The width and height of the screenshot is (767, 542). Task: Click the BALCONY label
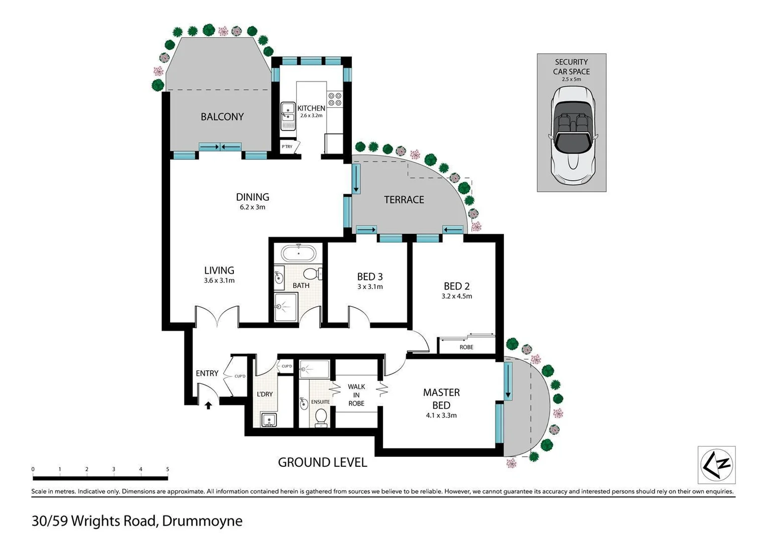click(222, 116)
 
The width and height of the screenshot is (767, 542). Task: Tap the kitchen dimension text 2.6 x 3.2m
click(311, 115)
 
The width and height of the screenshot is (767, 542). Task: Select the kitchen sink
click(288, 116)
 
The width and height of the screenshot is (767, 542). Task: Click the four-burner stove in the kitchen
click(334, 99)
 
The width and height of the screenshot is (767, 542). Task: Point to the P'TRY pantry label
click(287, 147)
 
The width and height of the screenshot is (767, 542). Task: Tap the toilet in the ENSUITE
click(320, 416)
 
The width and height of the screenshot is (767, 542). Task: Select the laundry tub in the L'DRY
click(269, 419)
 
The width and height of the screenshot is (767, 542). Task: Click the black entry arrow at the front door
click(208, 404)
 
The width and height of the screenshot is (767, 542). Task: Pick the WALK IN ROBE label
click(356, 395)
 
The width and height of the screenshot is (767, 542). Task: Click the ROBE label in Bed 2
click(466, 347)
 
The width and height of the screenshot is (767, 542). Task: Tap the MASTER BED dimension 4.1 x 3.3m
click(441, 415)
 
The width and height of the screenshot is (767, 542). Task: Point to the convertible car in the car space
click(572, 135)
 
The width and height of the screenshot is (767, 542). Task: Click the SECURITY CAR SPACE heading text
click(571, 67)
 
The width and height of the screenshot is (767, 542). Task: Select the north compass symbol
click(717, 465)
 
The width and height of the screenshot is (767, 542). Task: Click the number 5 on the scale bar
click(168, 469)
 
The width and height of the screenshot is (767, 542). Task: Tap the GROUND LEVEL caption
click(322, 462)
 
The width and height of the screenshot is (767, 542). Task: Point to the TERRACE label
click(404, 200)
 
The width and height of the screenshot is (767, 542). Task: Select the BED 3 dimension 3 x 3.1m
click(370, 287)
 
